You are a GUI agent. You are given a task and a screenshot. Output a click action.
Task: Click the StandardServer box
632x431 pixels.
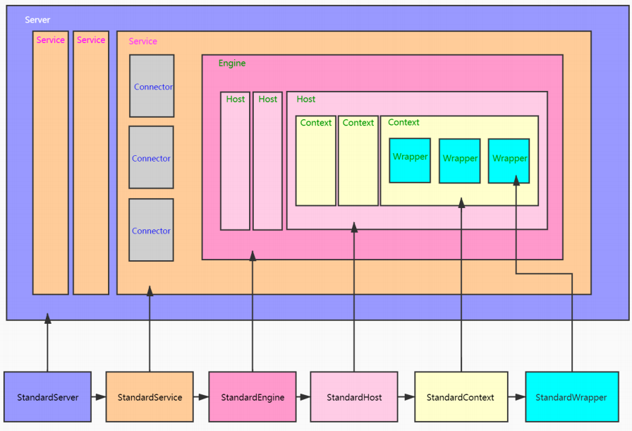pos(48,397)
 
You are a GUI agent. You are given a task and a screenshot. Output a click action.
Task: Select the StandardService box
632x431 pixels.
pos(150,397)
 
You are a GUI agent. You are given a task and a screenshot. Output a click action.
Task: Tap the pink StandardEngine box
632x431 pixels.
pos(253,397)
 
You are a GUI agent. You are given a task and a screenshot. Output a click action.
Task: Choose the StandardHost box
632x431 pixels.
pos(354,397)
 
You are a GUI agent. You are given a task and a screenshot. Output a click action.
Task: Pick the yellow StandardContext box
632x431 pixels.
pos(461,397)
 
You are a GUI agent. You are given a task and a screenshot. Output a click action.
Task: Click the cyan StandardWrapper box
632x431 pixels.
pos(571,397)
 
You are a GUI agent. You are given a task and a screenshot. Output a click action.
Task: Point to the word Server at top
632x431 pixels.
pos(37,20)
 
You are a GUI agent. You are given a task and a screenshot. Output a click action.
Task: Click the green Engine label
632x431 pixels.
pos(232,63)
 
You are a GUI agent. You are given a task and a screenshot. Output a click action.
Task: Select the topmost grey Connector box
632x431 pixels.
pos(152,86)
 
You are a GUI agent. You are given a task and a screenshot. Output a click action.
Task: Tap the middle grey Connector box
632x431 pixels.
pos(151,157)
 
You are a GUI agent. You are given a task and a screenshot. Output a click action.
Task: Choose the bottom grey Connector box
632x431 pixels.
pos(151,230)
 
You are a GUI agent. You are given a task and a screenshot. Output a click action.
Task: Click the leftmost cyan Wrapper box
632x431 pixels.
pos(410,160)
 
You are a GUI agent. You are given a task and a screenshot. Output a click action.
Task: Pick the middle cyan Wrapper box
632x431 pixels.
pos(460,161)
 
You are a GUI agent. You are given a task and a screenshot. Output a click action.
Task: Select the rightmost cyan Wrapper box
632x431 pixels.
pos(509,161)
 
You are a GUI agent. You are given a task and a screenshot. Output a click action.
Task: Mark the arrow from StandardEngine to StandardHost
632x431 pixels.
pos(303,397)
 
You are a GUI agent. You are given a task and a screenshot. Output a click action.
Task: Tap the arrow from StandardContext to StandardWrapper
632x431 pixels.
pos(516,397)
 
